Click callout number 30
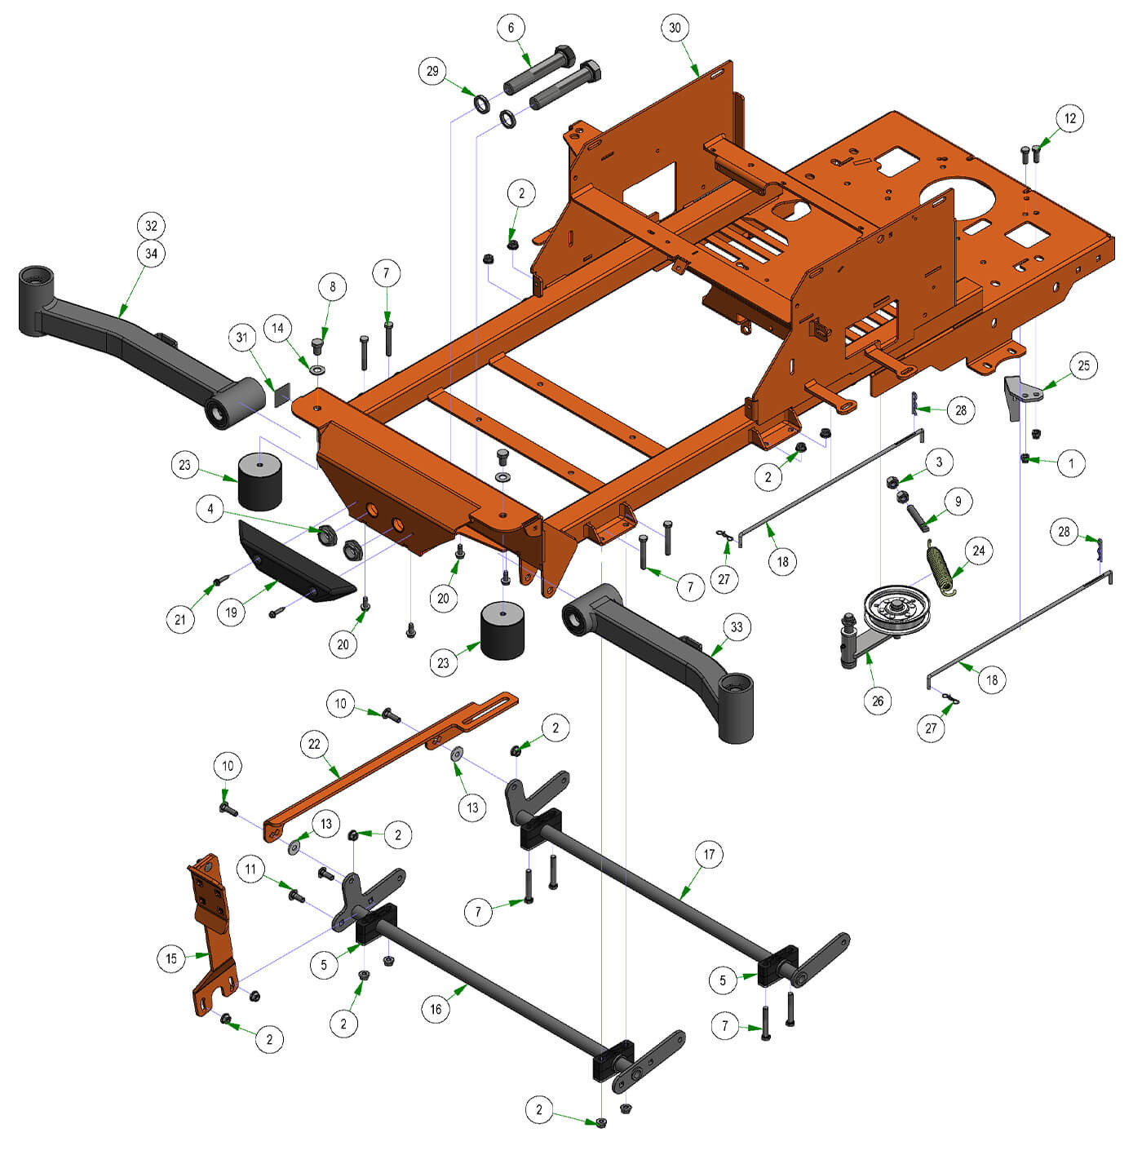point(675,28)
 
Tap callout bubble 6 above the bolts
point(511,28)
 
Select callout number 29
point(432,72)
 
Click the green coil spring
point(941,567)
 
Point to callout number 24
point(978,551)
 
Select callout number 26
point(878,701)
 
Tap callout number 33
point(737,627)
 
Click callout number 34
point(151,254)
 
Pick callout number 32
point(151,226)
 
